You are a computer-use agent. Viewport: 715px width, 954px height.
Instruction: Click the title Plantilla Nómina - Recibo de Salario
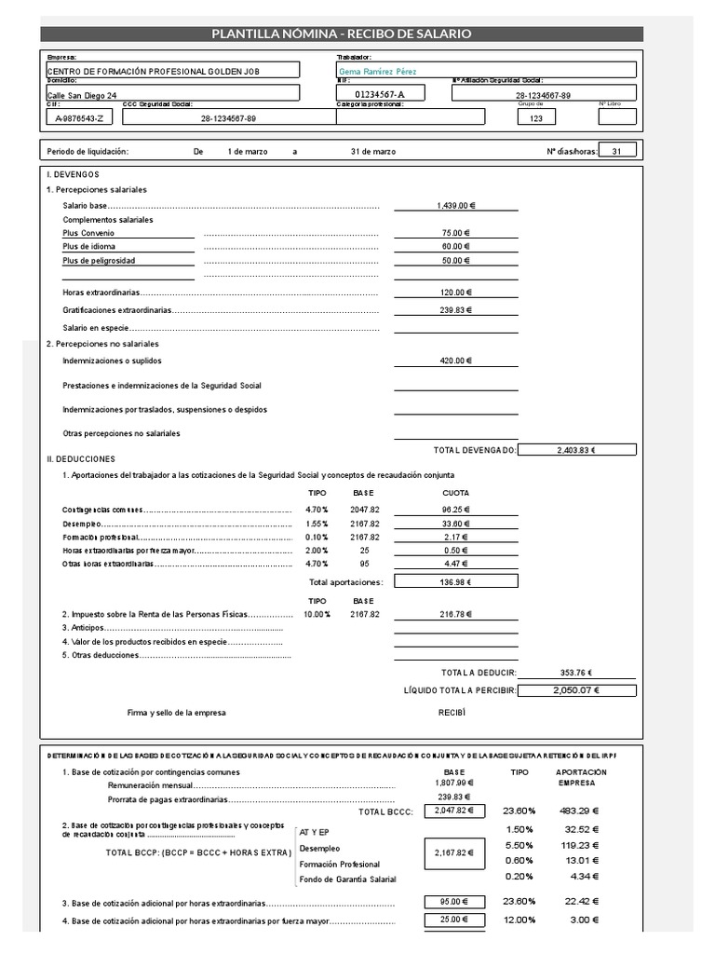(x=341, y=34)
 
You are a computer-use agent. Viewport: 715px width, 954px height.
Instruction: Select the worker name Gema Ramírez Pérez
(x=378, y=72)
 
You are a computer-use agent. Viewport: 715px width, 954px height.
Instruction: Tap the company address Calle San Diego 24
(x=82, y=95)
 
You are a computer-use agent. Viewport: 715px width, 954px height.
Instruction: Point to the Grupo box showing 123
(x=535, y=118)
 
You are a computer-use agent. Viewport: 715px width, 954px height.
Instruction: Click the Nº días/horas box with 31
(x=617, y=151)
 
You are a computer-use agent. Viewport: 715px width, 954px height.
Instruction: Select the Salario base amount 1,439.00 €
(x=455, y=205)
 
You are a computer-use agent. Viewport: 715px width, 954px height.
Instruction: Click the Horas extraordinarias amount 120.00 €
(x=456, y=293)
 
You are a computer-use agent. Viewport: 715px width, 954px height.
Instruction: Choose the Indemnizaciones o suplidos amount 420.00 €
(x=455, y=361)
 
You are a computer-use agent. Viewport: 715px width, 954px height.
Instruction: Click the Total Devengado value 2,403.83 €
(x=576, y=450)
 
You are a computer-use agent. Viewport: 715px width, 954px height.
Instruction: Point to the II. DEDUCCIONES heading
(x=81, y=459)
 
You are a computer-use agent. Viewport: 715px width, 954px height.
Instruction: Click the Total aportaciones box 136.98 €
(x=455, y=582)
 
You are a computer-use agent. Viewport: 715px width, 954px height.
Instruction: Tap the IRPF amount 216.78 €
(x=455, y=615)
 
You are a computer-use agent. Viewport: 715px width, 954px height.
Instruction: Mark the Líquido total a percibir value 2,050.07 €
(x=576, y=690)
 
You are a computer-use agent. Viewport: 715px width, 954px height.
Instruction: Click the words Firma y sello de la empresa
(x=177, y=713)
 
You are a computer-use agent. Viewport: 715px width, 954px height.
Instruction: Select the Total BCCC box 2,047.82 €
(x=454, y=811)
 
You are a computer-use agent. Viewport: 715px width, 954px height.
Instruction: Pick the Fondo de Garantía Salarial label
(x=348, y=879)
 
